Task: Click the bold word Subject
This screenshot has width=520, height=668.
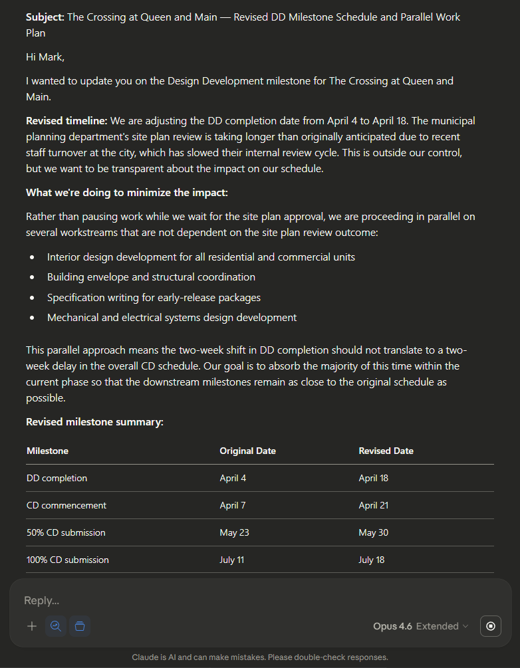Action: click(45, 17)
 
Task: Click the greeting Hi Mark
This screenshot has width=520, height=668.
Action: click(44, 57)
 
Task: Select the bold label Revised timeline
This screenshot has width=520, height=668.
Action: click(66, 121)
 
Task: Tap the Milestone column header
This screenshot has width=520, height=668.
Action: click(47, 451)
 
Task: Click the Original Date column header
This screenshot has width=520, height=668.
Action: click(247, 451)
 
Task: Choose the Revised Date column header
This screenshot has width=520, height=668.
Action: click(386, 451)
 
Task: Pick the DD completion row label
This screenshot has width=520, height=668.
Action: click(57, 478)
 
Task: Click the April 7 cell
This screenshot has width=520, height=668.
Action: click(233, 505)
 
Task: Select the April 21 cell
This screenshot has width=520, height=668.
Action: click(373, 505)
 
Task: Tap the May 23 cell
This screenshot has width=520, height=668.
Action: click(233, 532)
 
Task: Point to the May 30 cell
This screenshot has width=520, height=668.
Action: click(373, 532)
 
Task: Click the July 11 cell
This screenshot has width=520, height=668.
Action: click(232, 560)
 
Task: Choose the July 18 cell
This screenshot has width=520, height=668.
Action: click(371, 560)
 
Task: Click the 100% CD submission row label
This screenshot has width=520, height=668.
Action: click(67, 560)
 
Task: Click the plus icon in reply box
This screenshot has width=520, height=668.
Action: click(32, 626)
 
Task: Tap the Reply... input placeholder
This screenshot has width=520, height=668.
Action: click(41, 600)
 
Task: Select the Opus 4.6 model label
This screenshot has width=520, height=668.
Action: click(392, 626)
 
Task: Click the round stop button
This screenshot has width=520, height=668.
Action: click(491, 626)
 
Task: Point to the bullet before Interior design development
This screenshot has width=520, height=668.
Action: click(32, 257)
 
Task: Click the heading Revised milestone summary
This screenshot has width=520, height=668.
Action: click(94, 421)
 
